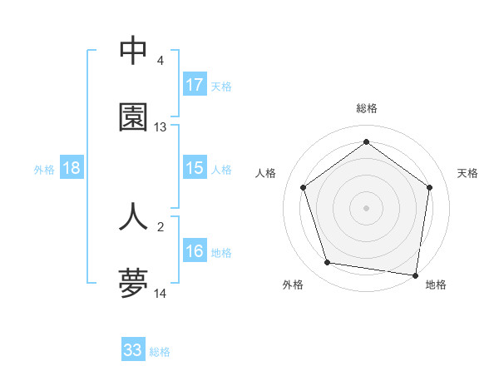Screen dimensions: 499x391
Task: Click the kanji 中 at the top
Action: pyautogui.click(x=133, y=50)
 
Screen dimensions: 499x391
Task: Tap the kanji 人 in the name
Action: pyautogui.click(x=133, y=216)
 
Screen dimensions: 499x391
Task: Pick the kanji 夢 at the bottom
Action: pyautogui.click(x=133, y=284)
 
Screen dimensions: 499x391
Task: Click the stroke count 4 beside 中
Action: pyautogui.click(x=160, y=61)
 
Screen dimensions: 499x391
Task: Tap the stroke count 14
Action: pyautogui.click(x=160, y=294)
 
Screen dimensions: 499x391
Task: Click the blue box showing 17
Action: pyautogui.click(x=194, y=85)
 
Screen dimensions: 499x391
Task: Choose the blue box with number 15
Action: pyautogui.click(x=194, y=168)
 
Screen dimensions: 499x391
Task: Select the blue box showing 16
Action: pyautogui.click(x=194, y=251)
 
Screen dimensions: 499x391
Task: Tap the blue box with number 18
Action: pyautogui.click(x=72, y=168)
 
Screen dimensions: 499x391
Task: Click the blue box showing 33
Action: pyautogui.click(x=133, y=350)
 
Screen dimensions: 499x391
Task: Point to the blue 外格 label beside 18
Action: pyautogui.click(x=44, y=169)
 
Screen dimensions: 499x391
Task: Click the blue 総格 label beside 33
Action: pyautogui.click(x=160, y=351)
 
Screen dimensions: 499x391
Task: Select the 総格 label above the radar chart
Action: pyautogui.click(x=366, y=108)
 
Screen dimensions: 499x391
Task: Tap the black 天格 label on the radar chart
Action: pyautogui.click(x=467, y=173)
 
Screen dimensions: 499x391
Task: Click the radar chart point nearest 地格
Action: pyautogui.click(x=415, y=275)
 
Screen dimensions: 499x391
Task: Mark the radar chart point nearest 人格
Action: pyautogui.click(x=303, y=187)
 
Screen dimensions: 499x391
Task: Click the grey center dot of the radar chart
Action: pyautogui.click(x=366, y=207)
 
